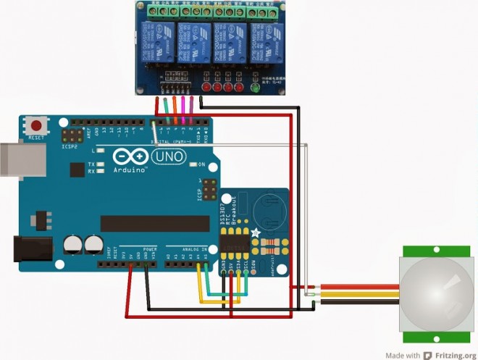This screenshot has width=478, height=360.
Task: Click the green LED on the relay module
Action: point(254,87)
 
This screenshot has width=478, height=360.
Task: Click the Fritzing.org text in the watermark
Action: point(453,355)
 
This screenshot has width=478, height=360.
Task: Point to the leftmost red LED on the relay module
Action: point(206,88)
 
